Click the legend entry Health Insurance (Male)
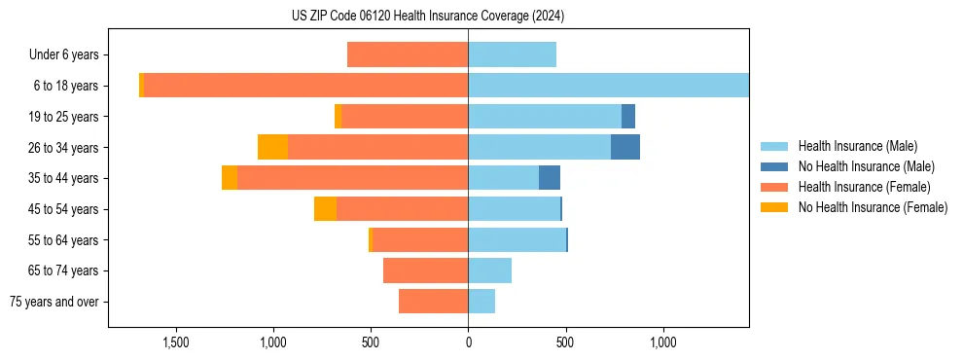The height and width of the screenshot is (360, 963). click(856, 146)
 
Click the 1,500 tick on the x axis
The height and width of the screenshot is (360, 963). click(175, 342)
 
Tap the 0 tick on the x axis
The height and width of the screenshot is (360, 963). click(468, 342)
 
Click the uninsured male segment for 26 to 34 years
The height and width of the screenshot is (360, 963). click(625, 147)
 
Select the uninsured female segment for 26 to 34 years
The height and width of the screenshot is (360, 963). click(272, 147)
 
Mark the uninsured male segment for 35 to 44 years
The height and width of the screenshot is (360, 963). click(550, 178)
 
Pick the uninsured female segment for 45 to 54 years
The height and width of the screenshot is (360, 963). click(325, 209)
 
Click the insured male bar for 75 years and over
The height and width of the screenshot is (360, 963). click(481, 302)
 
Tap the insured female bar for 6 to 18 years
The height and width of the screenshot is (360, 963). click(305, 86)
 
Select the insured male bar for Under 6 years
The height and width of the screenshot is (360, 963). click(512, 54)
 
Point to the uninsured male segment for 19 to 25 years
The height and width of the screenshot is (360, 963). click(628, 117)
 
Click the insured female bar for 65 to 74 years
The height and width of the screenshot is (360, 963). click(425, 270)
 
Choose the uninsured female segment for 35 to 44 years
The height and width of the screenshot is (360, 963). click(230, 178)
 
